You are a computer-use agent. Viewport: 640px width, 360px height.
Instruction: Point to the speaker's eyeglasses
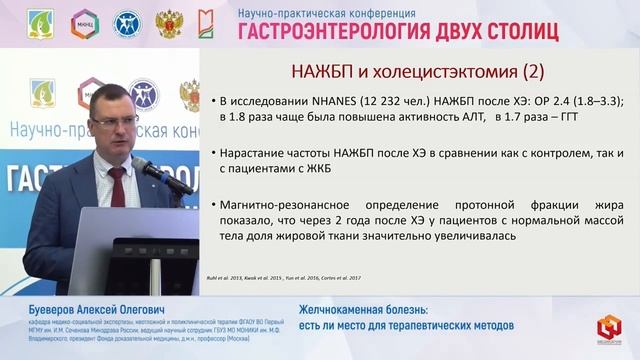113,119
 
